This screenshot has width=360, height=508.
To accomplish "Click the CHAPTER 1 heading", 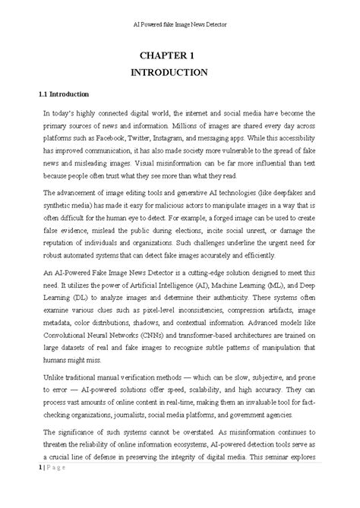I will point(180,55).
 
